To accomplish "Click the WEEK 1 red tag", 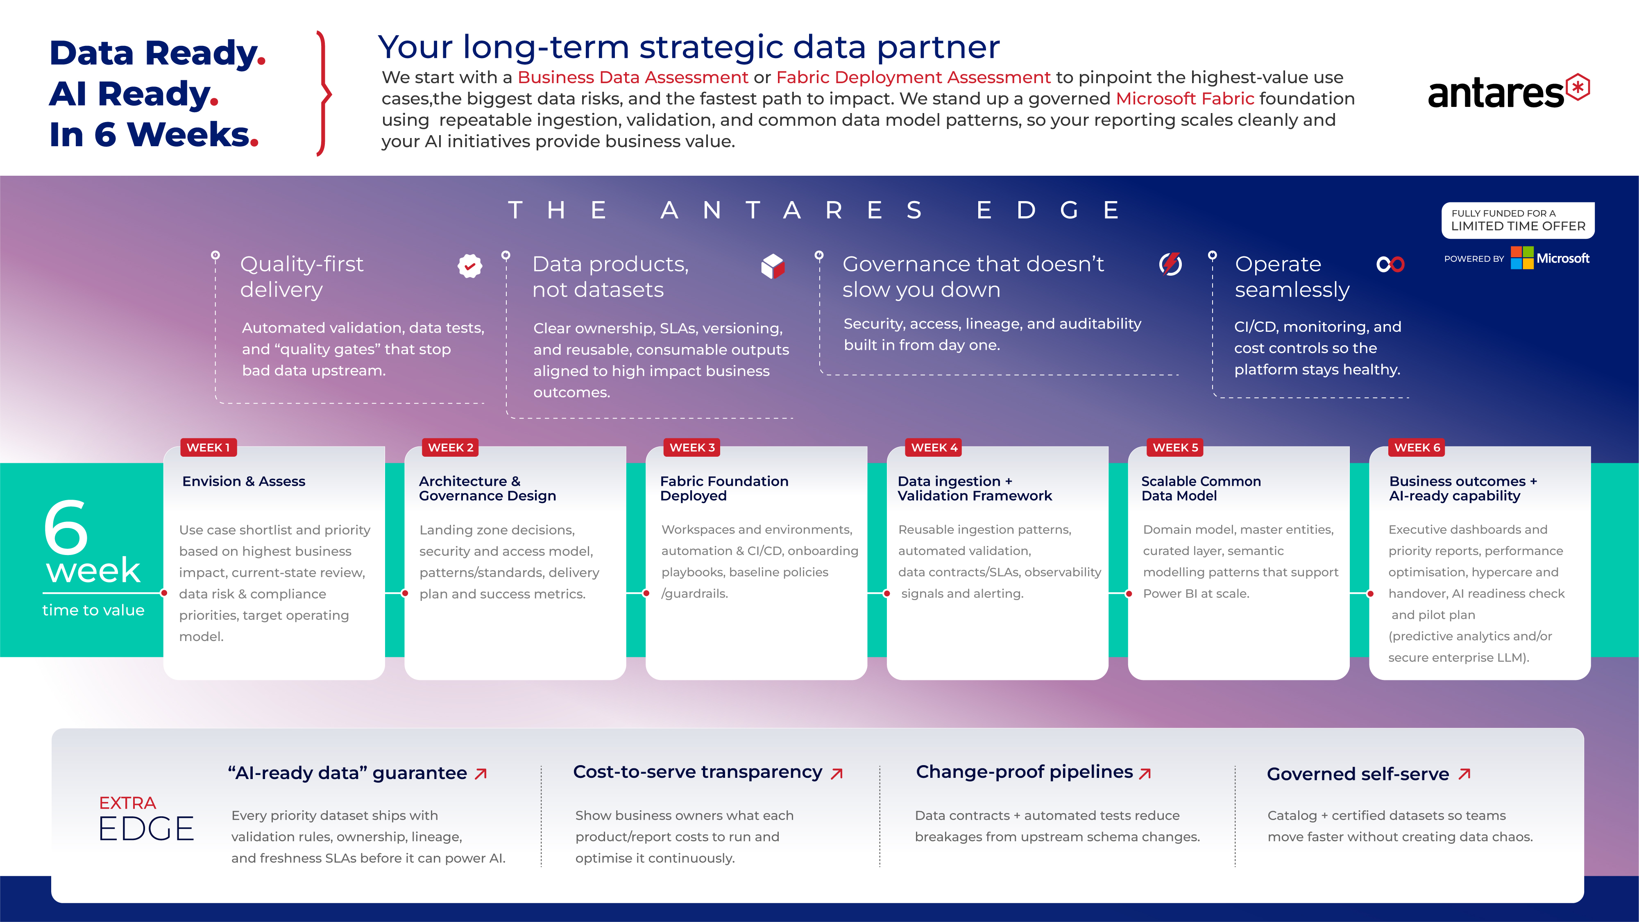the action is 209,447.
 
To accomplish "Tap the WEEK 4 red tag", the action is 934,447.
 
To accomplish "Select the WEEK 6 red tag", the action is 1417,447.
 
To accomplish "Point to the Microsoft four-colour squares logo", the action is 1522,258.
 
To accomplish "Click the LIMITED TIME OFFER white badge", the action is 1518,220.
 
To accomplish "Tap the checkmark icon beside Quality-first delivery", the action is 469,266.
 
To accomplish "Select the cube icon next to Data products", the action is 773,266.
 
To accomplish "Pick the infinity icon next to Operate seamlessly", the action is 1390,264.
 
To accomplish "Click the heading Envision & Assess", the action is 244,482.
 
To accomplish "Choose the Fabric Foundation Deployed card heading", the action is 724,489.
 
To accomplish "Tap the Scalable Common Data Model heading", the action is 1201,489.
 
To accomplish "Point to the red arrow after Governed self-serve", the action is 1464,774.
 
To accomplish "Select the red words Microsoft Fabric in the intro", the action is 1185,99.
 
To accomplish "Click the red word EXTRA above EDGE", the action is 127,803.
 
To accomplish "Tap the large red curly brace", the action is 324,93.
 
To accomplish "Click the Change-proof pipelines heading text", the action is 1025,772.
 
